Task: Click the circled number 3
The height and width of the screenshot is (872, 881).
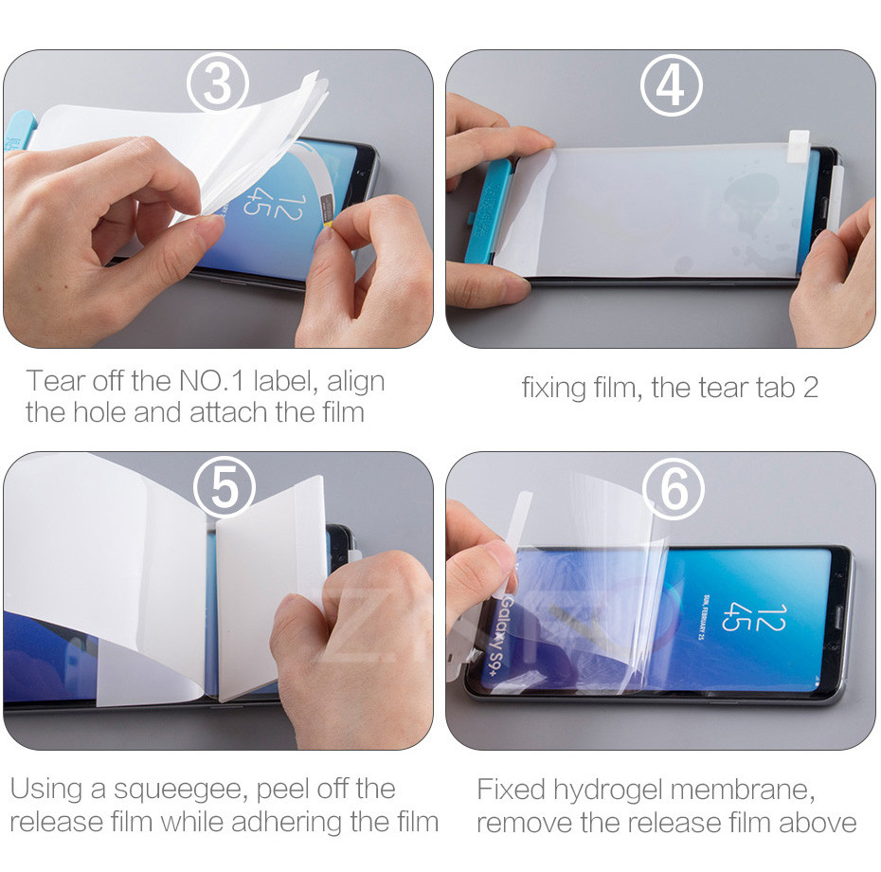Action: pos(218,83)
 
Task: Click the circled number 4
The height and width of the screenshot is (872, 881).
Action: pos(672,85)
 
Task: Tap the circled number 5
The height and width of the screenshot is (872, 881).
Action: pos(225,487)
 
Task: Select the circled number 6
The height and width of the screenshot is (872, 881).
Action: pos(674,488)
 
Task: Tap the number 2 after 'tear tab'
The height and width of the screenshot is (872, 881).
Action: pos(810,388)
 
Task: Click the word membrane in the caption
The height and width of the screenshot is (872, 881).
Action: pos(742,790)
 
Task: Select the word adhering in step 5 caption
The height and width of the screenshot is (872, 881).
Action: pos(287,823)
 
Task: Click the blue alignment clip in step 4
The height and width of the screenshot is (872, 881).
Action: pos(488,211)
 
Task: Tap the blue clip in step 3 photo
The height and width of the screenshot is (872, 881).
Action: pos(20,130)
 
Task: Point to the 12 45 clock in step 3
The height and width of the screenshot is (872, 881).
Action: pos(274,205)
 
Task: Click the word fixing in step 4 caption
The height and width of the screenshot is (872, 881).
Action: pos(553,389)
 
